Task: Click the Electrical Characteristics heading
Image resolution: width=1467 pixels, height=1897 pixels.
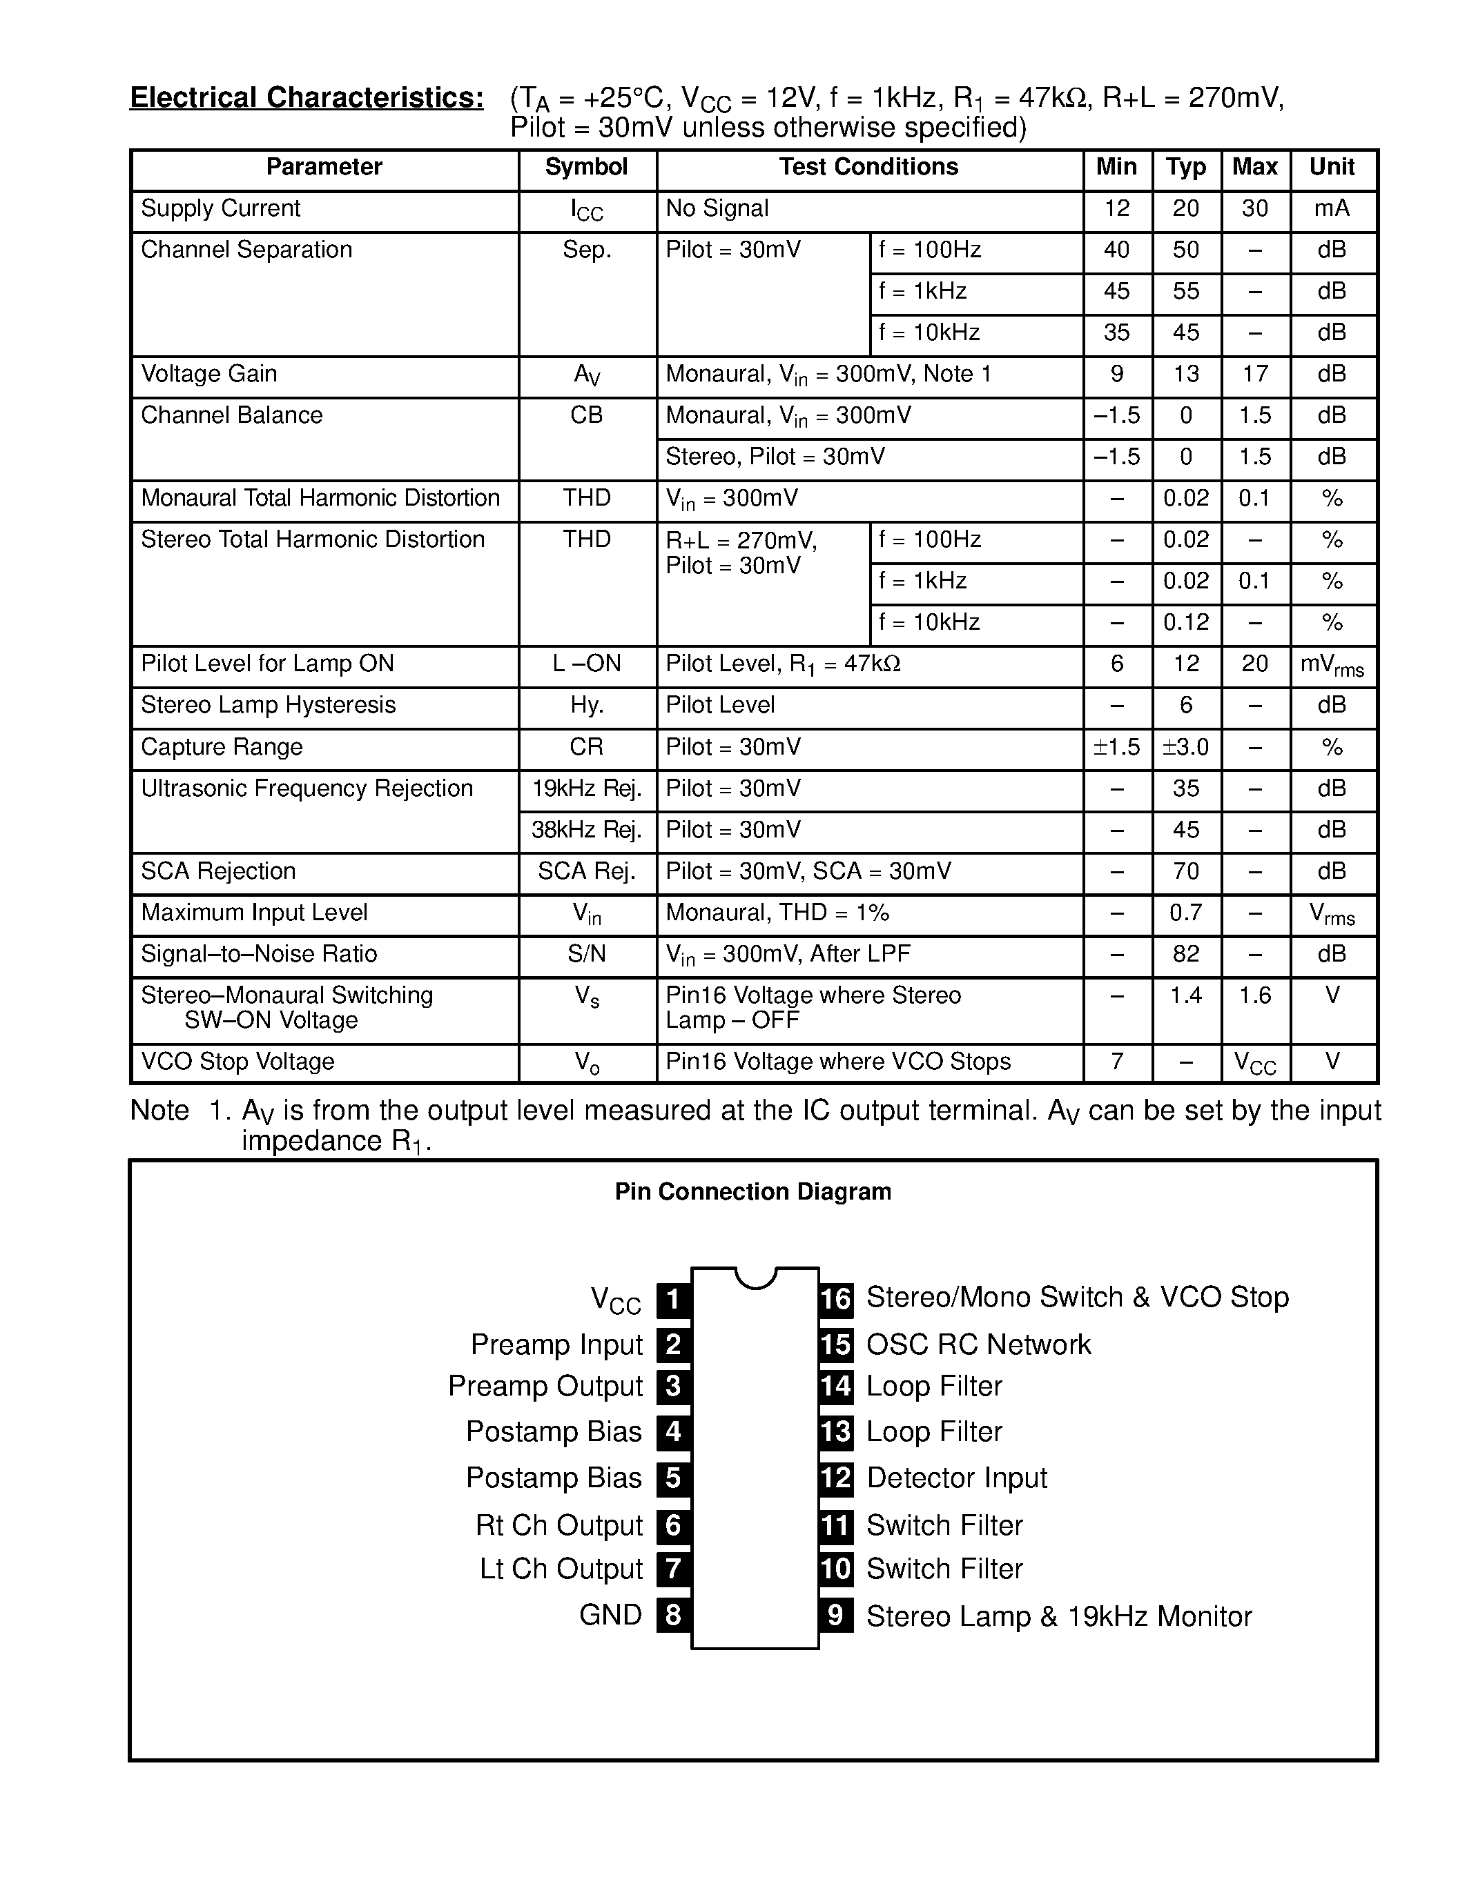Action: pyautogui.click(x=306, y=97)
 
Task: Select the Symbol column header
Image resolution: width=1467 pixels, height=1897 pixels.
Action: pyautogui.click(x=587, y=167)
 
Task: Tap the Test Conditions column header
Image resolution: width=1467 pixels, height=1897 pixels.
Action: pyautogui.click(x=868, y=167)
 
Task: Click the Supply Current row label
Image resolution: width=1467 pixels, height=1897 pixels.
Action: pyautogui.click(x=221, y=208)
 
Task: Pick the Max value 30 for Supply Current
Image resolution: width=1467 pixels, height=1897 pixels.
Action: pyautogui.click(x=1255, y=208)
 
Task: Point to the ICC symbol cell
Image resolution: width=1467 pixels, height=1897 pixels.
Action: pyautogui.click(x=587, y=210)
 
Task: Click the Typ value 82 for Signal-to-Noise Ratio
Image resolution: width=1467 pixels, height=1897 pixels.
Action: pyautogui.click(x=1185, y=954)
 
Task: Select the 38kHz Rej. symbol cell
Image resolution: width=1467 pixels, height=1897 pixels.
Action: pyautogui.click(x=587, y=831)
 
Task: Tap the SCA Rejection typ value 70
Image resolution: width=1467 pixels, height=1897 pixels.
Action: pyautogui.click(x=1185, y=871)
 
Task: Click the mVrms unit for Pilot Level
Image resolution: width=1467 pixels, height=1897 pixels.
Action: pyautogui.click(x=1332, y=666)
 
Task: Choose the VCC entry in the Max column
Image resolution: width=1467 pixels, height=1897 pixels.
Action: pyautogui.click(x=1255, y=1063)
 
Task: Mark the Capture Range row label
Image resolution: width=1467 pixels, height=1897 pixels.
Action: pyautogui.click(x=222, y=747)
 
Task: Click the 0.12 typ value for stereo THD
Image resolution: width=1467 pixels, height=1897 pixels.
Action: pyautogui.click(x=1185, y=622)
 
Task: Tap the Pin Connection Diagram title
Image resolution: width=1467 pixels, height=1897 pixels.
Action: pyautogui.click(x=752, y=1192)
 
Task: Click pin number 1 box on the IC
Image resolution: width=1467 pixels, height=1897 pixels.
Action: pyautogui.click(x=672, y=1300)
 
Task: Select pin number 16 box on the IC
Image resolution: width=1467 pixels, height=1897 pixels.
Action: pyautogui.click(x=835, y=1298)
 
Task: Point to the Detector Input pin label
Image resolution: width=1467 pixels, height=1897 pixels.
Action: pyautogui.click(x=956, y=1478)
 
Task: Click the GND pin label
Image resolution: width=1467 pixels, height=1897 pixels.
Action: pyautogui.click(x=610, y=1615)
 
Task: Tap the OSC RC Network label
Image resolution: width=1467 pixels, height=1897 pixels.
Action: pyautogui.click(x=978, y=1344)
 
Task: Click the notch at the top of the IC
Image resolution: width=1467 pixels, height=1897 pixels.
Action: pyautogui.click(x=755, y=1276)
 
